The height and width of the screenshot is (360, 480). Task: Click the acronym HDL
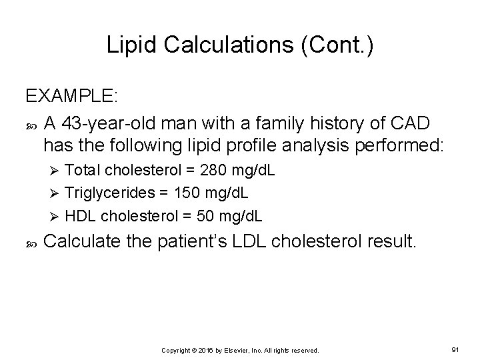[81, 216]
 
